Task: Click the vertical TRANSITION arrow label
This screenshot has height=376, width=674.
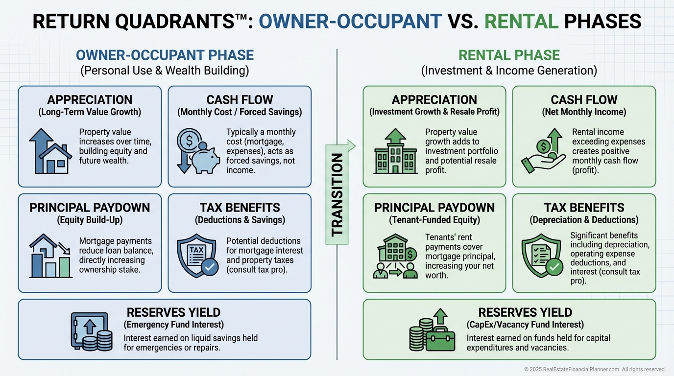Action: (x=337, y=194)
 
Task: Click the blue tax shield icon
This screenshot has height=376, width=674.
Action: (x=197, y=255)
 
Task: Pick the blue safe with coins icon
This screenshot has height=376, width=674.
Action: (x=91, y=331)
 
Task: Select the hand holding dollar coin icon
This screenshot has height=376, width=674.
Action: (x=541, y=151)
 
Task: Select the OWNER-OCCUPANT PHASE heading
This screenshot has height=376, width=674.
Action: (x=165, y=55)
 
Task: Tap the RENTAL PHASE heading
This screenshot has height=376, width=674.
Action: (x=509, y=55)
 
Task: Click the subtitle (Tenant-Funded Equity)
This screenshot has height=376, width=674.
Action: (x=434, y=220)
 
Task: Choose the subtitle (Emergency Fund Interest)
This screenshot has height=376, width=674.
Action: (x=173, y=325)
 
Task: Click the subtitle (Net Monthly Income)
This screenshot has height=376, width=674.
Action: (x=584, y=112)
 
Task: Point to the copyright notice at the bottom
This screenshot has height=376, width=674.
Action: (x=595, y=369)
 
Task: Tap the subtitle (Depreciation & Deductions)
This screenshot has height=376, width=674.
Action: (x=584, y=220)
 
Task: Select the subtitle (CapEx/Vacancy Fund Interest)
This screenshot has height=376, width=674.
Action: (x=525, y=325)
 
